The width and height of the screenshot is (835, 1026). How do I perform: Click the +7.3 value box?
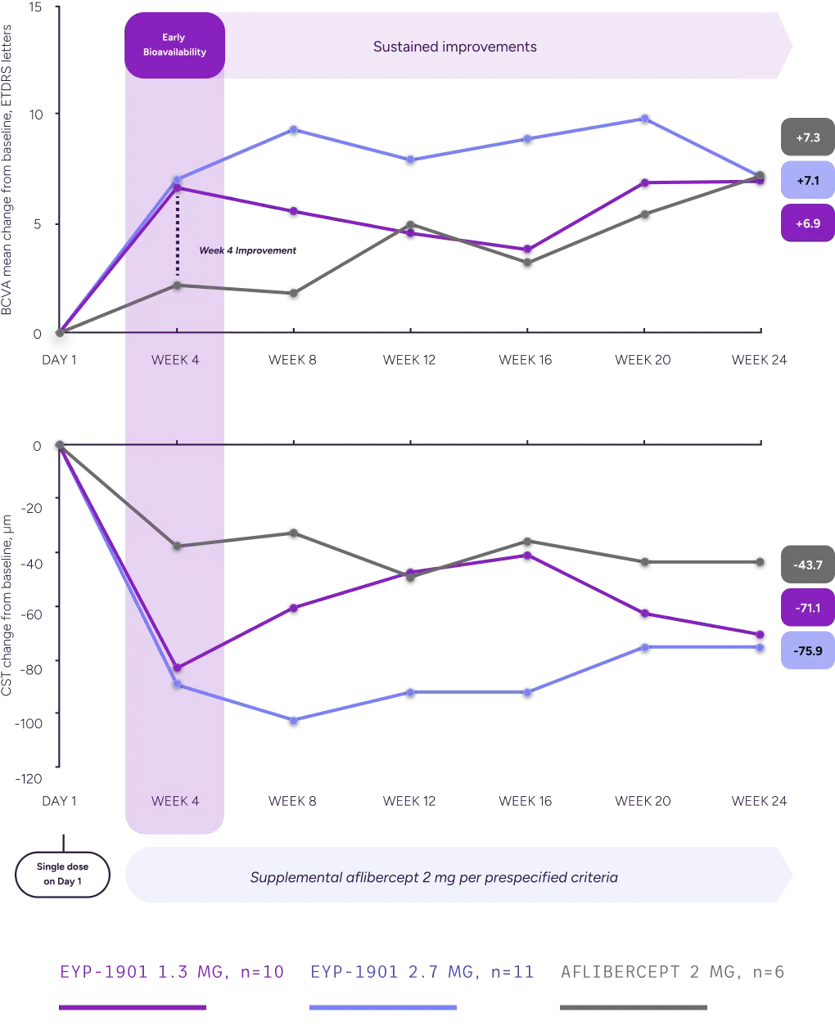(x=806, y=137)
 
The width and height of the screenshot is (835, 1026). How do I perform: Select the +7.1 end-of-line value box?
(x=806, y=180)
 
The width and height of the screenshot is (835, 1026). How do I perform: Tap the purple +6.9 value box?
(x=806, y=223)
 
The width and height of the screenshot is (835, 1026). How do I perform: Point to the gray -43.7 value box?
(x=806, y=565)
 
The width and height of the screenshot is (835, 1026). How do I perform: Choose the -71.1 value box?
(x=806, y=608)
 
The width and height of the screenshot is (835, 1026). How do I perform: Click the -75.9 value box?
(x=806, y=650)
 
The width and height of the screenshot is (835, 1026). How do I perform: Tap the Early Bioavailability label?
(x=174, y=45)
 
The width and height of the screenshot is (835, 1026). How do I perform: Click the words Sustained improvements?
(x=454, y=47)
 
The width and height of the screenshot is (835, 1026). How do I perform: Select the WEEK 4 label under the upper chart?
(x=175, y=360)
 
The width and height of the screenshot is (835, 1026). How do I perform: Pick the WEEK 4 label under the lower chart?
(x=175, y=801)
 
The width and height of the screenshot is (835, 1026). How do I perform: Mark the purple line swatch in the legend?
(x=133, y=1008)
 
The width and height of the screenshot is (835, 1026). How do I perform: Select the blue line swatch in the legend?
(x=382, y=1008)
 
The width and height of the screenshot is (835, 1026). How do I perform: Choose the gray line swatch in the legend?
(x=631, y=1008)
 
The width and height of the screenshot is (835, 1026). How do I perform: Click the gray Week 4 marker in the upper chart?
(x=177, y=285)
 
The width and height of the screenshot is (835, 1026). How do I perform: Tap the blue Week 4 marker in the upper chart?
(x=177, y=179)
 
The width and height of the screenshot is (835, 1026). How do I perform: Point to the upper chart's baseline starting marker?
(x=59, y=333)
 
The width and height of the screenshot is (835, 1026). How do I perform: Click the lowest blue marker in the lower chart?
(x=294, y=721)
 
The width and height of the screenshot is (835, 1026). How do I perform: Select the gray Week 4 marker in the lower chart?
(x=177, y=546)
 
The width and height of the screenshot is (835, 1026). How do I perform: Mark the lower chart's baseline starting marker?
(x=59, y=444)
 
